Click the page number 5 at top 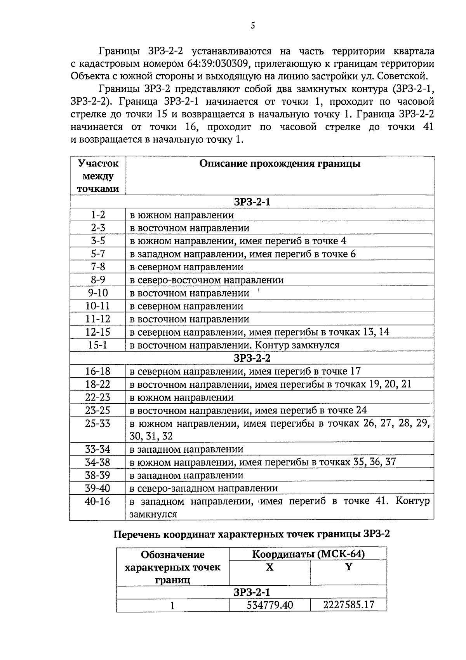point(253,26)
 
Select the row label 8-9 point(98,280)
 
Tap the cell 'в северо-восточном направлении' point(206,280)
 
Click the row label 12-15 point(98,332)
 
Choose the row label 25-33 point(98,423)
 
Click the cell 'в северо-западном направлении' point(203,488)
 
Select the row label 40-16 point(98,501)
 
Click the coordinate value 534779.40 point(270,605)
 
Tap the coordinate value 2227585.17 point(348,605)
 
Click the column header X point(270,567)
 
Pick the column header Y point(348,567)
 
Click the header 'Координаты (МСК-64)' point(308,554)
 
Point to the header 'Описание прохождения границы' point(280,163)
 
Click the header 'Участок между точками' point(98,176)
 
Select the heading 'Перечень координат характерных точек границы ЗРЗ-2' point(251,534)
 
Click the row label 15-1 point(98,345)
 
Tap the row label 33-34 point(98,449)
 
